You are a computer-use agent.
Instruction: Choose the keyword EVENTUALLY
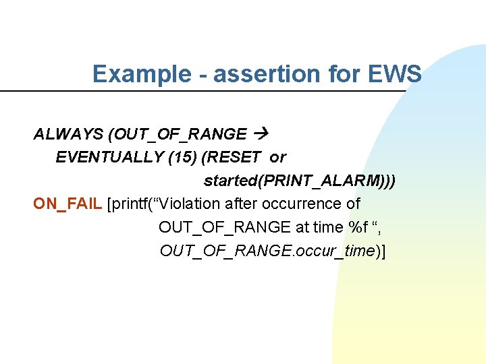(110, 158)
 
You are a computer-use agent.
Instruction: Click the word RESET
(234, 158)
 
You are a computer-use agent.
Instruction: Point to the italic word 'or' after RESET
(277, 158)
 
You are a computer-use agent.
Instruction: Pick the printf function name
(132, 204)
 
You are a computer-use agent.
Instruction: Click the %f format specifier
(352, 227)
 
